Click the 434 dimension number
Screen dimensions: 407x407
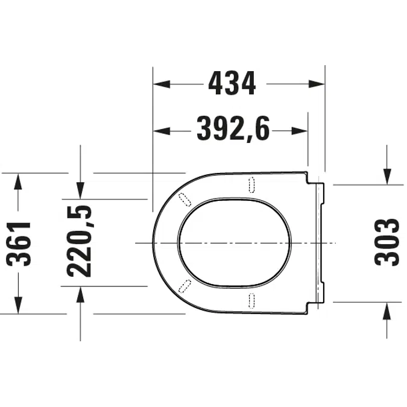(x=232, y=84)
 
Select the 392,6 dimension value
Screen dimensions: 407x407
(x=233, y=129)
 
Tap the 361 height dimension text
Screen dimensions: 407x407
(x=19, y=244)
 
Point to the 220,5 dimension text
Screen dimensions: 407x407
(x=80, y=241)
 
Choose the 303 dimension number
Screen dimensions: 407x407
(x=386, y=242)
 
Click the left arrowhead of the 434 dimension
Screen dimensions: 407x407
(x=162, y=84)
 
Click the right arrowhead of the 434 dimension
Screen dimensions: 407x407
(x=317, y=84)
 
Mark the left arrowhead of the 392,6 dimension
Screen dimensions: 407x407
(x=162, y=131)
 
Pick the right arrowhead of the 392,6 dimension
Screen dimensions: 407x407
(x=300, y=131)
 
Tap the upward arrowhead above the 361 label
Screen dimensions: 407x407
(x=18, y=181)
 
